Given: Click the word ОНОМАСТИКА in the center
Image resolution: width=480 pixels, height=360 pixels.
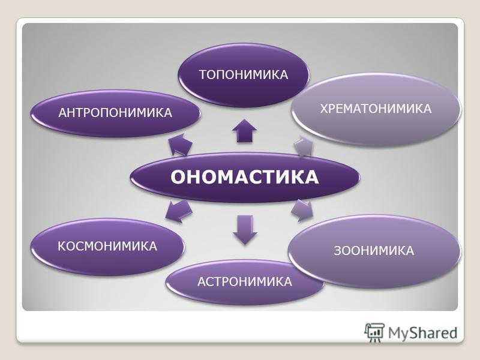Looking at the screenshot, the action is point(245,177).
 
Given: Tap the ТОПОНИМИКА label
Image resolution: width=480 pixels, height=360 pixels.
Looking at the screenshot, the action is point(244,74).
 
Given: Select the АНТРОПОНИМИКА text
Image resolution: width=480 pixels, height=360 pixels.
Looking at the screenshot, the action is point(115,113).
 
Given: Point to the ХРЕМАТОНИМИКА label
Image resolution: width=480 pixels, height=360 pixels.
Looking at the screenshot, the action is point(376,109).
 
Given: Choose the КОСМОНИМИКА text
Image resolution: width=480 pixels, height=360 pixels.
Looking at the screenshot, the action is point(107,246).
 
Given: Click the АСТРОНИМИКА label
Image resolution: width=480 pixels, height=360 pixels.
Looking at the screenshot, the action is point(245,281).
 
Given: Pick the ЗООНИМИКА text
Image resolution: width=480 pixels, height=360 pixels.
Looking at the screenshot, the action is point(374,251).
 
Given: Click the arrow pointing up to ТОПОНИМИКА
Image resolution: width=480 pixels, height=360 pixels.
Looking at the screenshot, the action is point(244,131).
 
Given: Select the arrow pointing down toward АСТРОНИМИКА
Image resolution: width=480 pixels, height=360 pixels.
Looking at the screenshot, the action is point(245,230).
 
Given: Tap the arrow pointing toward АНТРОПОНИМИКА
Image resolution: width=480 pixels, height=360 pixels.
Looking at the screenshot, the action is point(181,144).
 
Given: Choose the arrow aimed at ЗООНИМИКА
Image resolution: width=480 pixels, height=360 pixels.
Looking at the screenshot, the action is point(302,211).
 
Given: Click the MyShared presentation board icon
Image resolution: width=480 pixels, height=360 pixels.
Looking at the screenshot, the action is point(374,332).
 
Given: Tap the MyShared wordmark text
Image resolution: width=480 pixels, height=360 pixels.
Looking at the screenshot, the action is point(423,333).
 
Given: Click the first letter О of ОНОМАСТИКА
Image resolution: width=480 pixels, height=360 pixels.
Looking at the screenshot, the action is point(178,177).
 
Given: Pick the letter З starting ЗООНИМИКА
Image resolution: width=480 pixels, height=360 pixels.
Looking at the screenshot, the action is point(337,251).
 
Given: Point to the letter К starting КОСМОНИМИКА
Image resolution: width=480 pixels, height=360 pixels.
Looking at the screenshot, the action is point(62,246).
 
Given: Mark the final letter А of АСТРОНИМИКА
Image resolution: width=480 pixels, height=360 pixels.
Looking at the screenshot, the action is point(288,281).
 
